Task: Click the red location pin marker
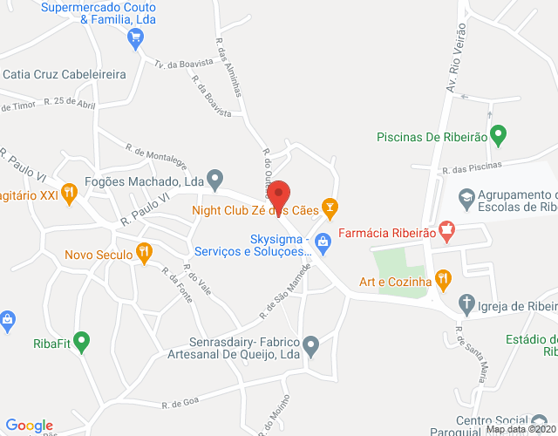click(x=279, y=194)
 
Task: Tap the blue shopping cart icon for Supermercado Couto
click(x=134, y=37)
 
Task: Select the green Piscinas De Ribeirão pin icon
click(x=498, y=136)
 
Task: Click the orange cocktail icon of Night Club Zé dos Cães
click(x=329, y=208)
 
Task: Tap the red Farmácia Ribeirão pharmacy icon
click(x=446, y=233)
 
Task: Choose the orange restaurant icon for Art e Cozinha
click(x=443, y=281)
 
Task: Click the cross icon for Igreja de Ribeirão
click(x=466, y=305)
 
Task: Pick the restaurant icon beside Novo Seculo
click(x=145, y=255)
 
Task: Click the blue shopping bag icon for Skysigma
click(x=322, y=240)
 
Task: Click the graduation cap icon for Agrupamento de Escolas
click(x=466, y=199)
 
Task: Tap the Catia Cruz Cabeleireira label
click(x=65, y=75)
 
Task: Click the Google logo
click(x=29, y=426)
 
